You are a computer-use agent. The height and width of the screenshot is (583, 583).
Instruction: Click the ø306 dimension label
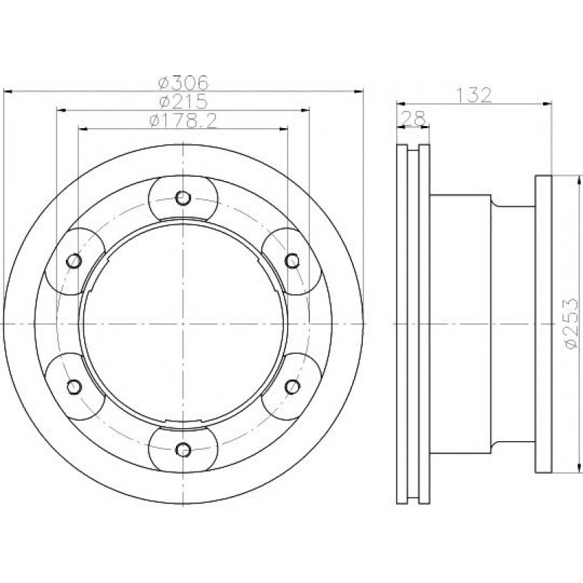click(x=183, y=83)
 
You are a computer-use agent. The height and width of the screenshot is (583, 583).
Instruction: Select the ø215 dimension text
click(x=183, y=101)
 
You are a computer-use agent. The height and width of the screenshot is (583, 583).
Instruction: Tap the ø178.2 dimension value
click(x=183, y=120)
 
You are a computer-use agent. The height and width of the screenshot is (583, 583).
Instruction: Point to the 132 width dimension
click(x=474, y=95)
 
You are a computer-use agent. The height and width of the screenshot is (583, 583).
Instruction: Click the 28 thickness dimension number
click(x=413, y=119)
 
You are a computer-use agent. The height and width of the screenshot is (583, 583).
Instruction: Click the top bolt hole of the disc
click(x=183, y=198)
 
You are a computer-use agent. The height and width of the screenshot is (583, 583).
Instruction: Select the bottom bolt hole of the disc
click(x=183, y=450)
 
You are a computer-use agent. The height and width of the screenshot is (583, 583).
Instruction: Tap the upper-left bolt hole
click(x=74, y=261)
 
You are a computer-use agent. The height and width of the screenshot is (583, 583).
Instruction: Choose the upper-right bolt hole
click(x=293, y=261)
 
